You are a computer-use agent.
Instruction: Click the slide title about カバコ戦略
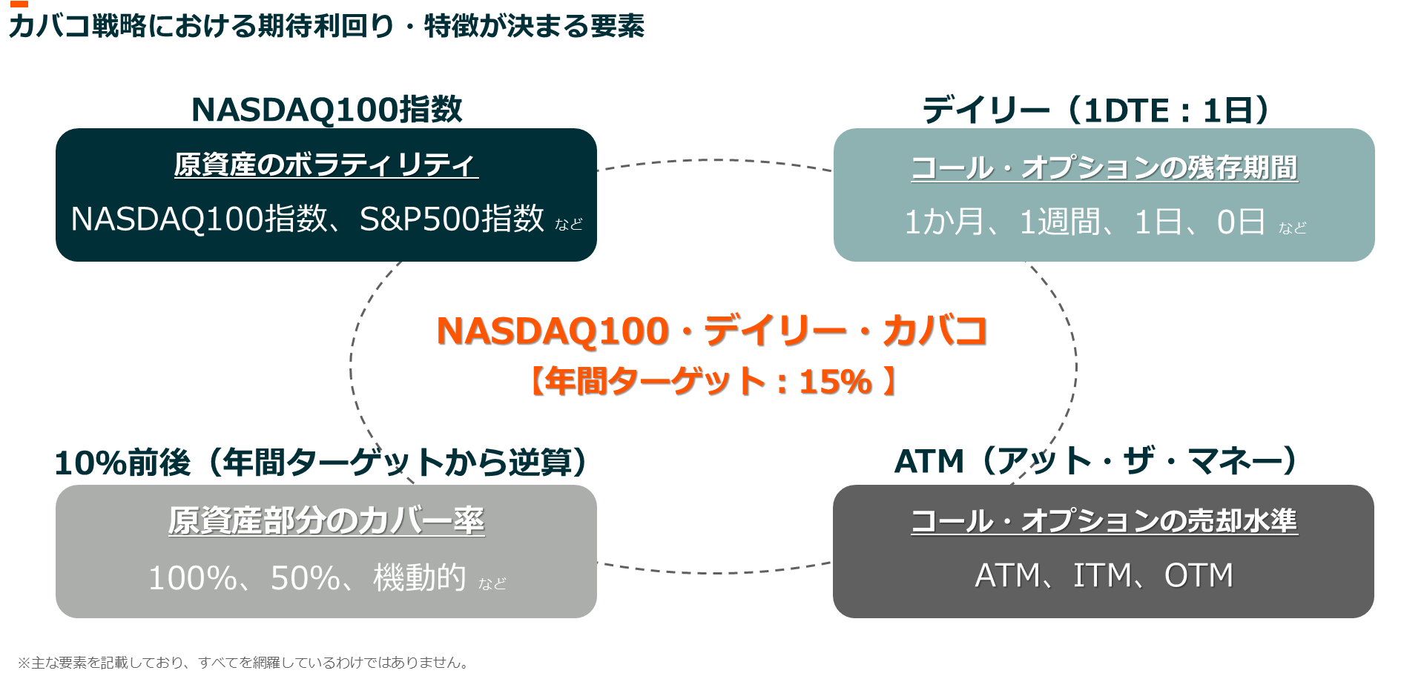pyautogui.click(x=326, y=27)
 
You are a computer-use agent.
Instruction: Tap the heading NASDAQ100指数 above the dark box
pyautogui.click(x=326, y=110)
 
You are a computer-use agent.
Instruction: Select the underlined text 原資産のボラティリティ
pyautogui.click(x=326, y=165)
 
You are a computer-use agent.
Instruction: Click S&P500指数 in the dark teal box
pyautogui.click(x=452, y=219)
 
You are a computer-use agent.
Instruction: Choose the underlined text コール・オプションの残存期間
pyautogui.click(x=1104, y=168)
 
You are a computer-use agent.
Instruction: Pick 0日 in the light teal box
pyautogui.click(x=1240, y=222)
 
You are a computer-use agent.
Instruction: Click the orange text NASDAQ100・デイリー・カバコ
pyautogui.click(x=712, y=331)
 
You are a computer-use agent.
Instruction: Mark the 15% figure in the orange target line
pyautogui.click(x=835, y=382)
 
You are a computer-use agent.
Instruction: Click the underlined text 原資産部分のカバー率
pyautogui.click(x=326, y=520)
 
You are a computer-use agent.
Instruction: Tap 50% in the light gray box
pyautogui.click(x=305, y=578)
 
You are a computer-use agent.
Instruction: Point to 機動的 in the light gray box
pyautogui.click(x=420, y=577)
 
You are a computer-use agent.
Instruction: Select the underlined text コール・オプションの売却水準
pyautogui.click(x=1104, y=520)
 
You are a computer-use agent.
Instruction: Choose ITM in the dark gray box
pyautogui.click(x=1103, y=575)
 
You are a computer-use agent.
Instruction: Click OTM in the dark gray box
pyautogui.click(x=1199, y=575)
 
